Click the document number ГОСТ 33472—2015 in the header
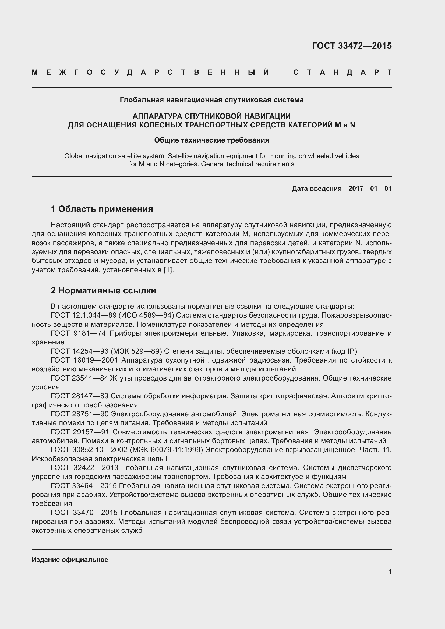pos(352,46)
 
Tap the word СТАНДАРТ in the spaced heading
pos(342,73)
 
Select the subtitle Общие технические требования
pos(211,140)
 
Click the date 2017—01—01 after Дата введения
pos(370,189)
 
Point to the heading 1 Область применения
pos(102,209)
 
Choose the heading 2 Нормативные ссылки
pos(103,290)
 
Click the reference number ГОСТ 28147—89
pos(80,396)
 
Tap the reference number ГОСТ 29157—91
pos(80,432)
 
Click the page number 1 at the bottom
pos(390,571)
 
